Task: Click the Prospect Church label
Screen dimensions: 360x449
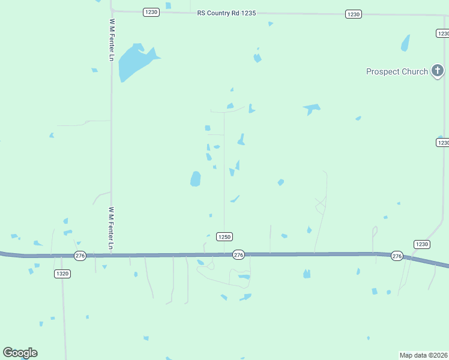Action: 397,72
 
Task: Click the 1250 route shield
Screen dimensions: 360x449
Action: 224,237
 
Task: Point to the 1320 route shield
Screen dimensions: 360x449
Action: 62,274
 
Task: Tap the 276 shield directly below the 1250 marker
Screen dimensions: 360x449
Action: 238,255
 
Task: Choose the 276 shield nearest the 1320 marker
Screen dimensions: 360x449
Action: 80,256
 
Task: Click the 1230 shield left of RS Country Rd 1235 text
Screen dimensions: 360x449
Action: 151,12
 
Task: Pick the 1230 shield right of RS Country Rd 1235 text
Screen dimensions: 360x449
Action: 354,14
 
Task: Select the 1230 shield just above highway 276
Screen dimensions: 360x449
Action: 422,244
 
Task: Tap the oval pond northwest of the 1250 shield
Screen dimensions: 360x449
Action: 195,179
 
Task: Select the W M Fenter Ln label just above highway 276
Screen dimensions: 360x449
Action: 111,229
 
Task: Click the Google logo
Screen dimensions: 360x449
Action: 20,353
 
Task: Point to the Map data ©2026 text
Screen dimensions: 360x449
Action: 424,355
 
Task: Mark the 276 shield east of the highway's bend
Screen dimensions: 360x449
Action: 397,256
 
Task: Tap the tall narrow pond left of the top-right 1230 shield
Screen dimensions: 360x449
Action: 405,43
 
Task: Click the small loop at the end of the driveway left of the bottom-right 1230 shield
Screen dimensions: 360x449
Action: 375,230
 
